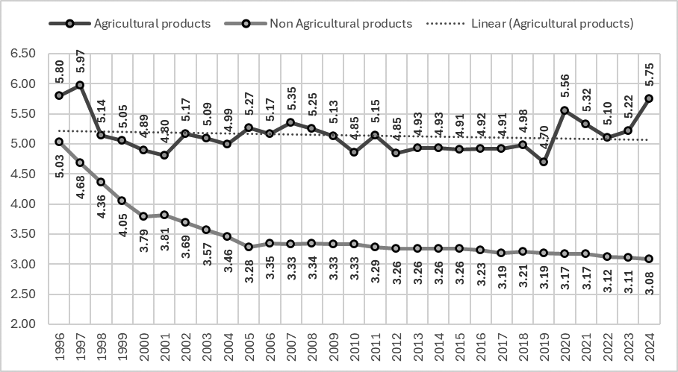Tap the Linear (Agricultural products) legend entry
point(552,23)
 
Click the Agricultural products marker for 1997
point(79,85)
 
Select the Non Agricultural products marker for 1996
point(58,142)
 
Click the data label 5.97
point(80,64)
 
